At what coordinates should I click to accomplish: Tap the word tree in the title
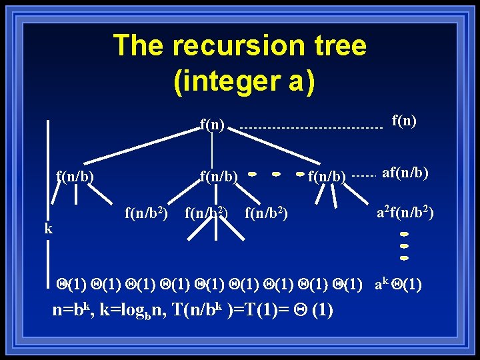[336, 46]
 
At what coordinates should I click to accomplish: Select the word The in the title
[139, 46]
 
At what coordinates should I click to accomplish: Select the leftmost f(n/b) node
[75, 177]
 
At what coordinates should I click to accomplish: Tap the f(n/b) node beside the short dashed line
[327, 177]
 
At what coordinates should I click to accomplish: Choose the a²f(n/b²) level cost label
[405, 213]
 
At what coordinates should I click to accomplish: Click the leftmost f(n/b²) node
[145, 213]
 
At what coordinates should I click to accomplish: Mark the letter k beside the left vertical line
[48, 229]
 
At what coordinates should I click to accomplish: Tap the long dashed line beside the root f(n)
[307, 127]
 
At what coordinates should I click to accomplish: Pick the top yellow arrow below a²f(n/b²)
[404, 235]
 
